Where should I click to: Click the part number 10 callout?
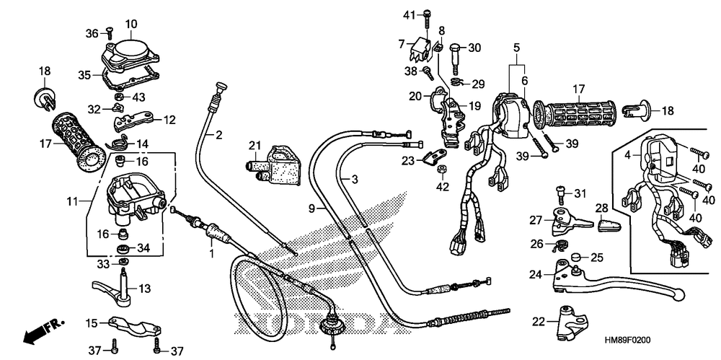click(x=131, y=24)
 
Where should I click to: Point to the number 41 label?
click(x=409, y=14)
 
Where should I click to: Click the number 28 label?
click(x=601, y=208)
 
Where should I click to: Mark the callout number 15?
click(x=92, y=322)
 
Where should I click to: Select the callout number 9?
click(x=311, y=208)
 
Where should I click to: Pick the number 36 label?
click(x=91, y=32)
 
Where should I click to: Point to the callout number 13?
click(x=144, y=289)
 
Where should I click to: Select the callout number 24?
click(x=534, y=275)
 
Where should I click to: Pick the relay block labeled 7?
click(x=423, y=50)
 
